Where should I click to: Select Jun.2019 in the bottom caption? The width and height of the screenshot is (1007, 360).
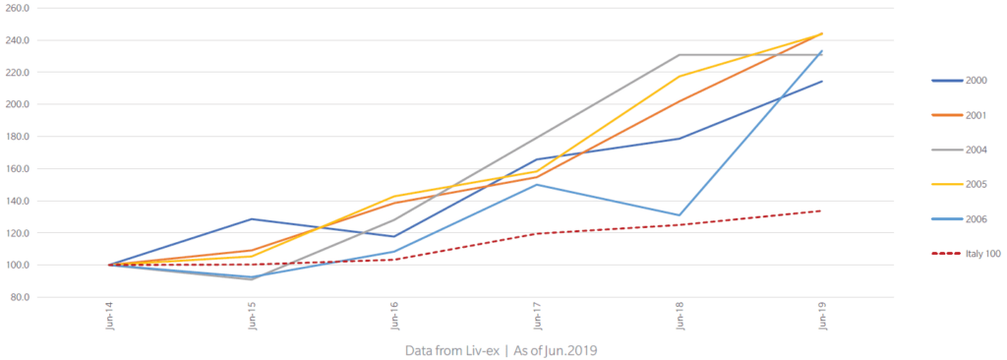pos(571,351)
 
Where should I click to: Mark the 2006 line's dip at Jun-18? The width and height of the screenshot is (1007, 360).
pos(679,215)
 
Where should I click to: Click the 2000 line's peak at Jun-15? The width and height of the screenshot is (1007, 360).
pos(252,219)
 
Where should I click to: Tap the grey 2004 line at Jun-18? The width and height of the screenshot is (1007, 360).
pos(679,55)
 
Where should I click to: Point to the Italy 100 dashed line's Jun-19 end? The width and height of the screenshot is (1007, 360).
pos(821,210)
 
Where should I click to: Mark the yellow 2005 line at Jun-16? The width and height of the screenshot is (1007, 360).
pos(393,197)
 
